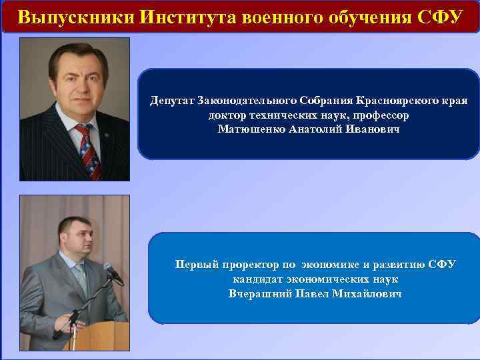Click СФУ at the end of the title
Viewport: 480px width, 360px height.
(x=437, y=17)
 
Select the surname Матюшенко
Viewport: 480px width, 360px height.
(x=253, y=128)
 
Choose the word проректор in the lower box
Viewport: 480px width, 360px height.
(x=247, y=265)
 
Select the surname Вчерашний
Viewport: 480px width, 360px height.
(x=261, y=293)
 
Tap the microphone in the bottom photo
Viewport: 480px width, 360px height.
(x=113, y=271)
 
